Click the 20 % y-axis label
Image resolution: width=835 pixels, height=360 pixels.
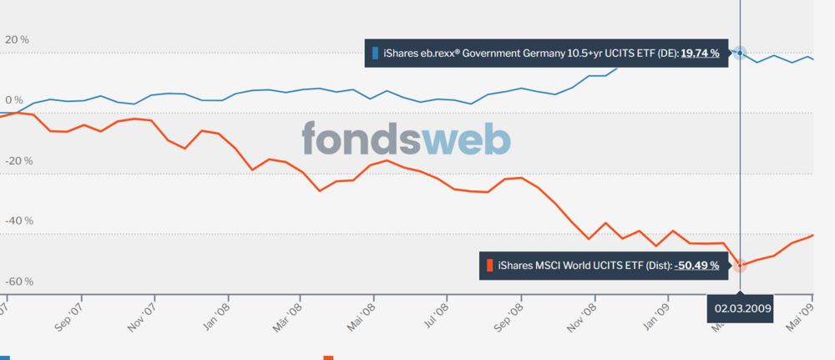pos(17,39)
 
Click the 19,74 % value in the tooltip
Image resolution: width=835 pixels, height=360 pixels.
pos(700,53)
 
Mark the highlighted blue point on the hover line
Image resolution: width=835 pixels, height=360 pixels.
pos(740,53)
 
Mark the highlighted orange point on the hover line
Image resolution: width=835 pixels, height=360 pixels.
pos(740,265)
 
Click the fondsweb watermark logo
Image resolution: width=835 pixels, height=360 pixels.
pos(406,139)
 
